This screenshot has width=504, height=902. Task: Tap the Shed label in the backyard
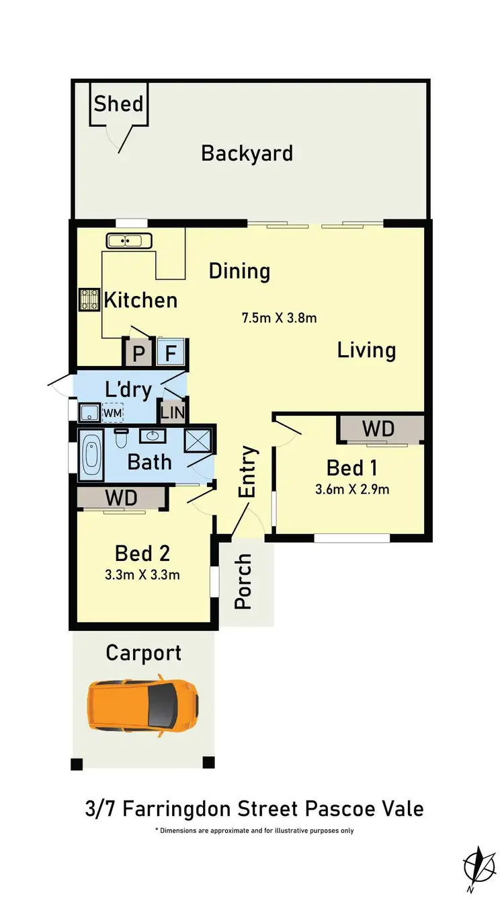[x=118, y=104]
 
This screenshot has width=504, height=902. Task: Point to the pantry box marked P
[x=138, y=353]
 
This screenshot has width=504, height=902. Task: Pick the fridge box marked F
[x=171, y=353]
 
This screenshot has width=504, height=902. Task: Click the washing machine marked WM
[x=112, y=412]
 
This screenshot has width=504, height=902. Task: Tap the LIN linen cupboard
[x=173, y=412]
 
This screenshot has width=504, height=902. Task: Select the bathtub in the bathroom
[x=91, y=455]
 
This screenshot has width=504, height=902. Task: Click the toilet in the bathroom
[x=122, y=439]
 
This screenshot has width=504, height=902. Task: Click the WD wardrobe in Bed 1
[x=378, y=429]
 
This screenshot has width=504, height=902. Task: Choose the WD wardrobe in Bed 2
[x=122, y=498]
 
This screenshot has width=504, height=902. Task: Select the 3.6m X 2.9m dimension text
[x=352, y=489]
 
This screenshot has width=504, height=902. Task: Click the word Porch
[x=243, y=581]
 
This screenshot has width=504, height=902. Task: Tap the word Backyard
[x=247, y=153]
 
